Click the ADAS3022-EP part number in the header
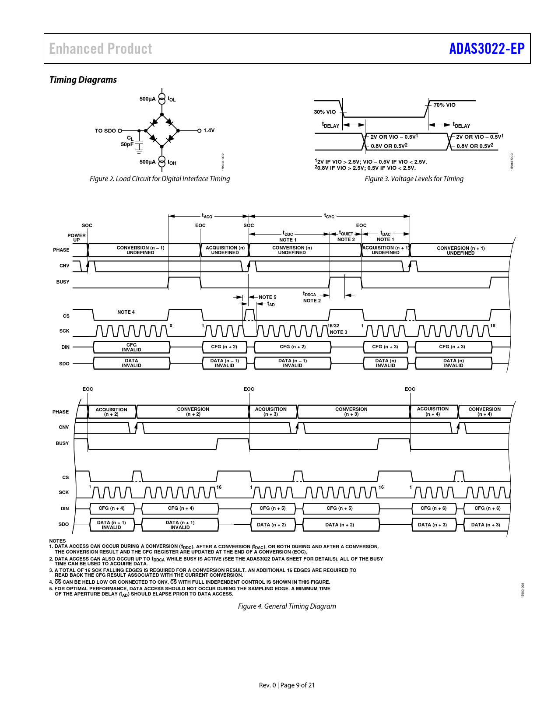(487, 49)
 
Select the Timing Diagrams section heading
(83, 80)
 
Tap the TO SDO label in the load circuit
(105, 130)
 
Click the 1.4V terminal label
(209, 130)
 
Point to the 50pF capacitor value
(127, 144)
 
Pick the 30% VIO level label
(325, 112)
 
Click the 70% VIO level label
(444, 105)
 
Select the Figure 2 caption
(160, 179)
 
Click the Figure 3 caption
(414, 179)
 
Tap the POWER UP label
(77, 238)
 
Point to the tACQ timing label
(207, 216)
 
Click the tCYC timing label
(329, 216)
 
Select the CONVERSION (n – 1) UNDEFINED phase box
(140, 250)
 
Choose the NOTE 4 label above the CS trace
(126, 312)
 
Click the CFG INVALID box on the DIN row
(131, 347)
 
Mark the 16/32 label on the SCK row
(333, 326)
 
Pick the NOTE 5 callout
(267, 297)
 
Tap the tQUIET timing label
(346, 233)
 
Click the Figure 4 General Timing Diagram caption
(287, 606)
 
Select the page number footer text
(287, 685)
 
